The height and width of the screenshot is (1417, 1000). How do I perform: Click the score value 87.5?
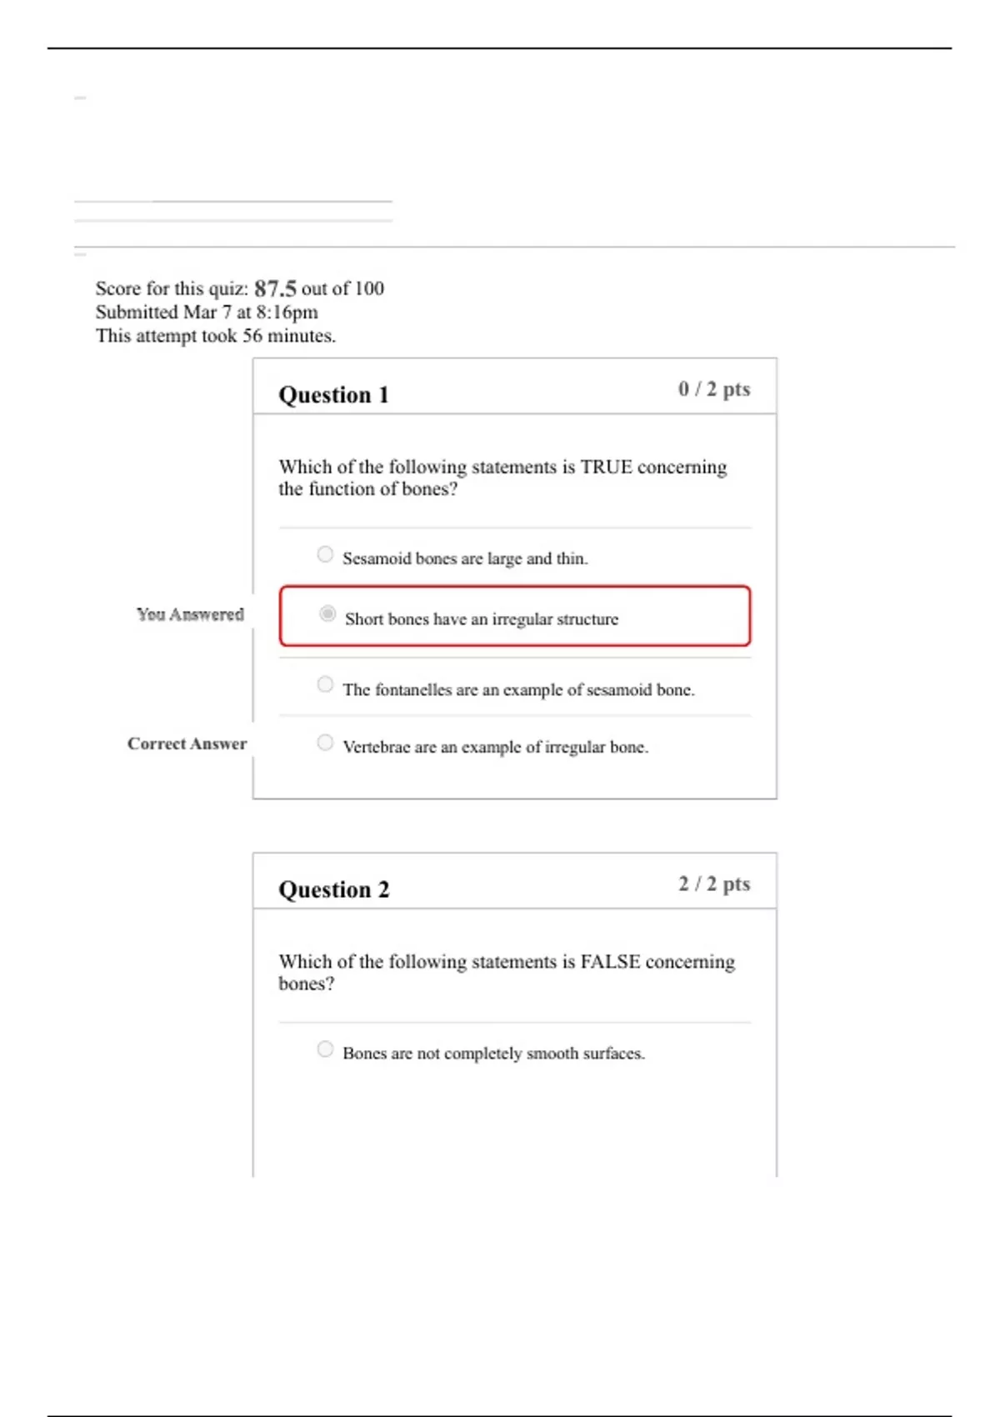pyautogui.click(x=275, y=288)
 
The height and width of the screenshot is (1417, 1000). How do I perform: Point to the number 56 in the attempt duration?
pyautogui.click(x=252, y=336)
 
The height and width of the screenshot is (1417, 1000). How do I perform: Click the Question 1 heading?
pyautogui.click(x=333, y=394)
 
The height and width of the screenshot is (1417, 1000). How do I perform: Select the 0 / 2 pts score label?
pyautogui.click(x=713, y=389)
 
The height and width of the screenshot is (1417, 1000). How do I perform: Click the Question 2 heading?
pyautogui.click(x=333, y=889)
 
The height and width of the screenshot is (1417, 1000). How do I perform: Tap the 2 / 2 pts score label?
pyautogui.click(x=713, y=884)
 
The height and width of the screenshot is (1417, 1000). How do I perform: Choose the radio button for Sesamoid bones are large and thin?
pyautogui.click(x=325, y=554)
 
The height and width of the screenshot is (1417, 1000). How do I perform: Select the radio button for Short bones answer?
pyautogui.click(x=327, y=614)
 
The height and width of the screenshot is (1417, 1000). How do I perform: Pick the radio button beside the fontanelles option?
pyautogui.click(x=325, y=684)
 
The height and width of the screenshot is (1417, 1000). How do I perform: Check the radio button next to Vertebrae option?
pyautogui.click(x=325, y=742)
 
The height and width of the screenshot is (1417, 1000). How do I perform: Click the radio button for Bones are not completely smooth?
pyautogui.click(x=325, y=1049)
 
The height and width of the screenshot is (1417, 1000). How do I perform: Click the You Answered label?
pyautogui.click(x=190, y=614)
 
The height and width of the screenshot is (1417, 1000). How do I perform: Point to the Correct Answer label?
pyautogui.click(x=187, y=744)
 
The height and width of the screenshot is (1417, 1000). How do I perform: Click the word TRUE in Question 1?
pyautogui.click(x=606, y=467)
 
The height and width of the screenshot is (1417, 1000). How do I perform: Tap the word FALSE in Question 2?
pyautogui.click(x=610, y=962)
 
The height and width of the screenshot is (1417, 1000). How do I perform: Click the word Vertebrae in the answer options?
pyautogui.click(x=377, y=747)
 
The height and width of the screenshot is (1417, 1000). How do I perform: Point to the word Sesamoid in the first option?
pyautogui.click(x=377, y=558)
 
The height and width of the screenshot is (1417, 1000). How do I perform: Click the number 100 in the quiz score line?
pyautogui.click(x=368, y=288)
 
